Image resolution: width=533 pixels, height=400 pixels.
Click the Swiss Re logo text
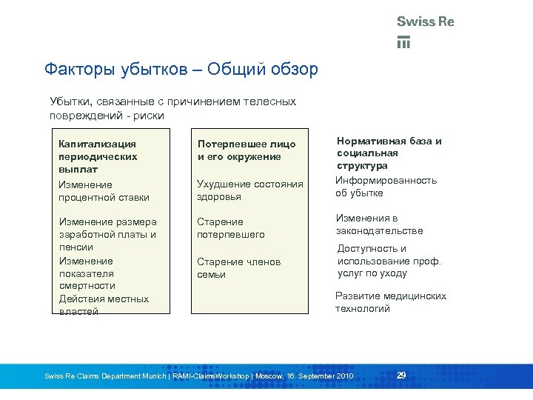425,21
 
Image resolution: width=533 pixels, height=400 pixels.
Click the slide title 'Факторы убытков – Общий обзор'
181,70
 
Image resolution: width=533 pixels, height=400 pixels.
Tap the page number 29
401,376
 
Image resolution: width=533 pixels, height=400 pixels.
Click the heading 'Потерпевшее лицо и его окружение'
246,150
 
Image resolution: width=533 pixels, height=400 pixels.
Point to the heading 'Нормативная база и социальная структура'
389,153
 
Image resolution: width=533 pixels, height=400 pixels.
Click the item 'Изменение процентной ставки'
104,191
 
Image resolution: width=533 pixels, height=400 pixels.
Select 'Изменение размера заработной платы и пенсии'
107,235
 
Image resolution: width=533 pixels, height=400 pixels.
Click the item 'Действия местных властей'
104,305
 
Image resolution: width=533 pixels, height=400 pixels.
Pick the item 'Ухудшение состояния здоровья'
249,190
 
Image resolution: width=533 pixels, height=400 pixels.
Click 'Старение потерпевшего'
230,228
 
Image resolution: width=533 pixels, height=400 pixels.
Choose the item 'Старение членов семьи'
238,268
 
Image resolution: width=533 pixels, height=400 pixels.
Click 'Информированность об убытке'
386,187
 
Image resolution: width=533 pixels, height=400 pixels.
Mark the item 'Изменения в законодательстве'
379,224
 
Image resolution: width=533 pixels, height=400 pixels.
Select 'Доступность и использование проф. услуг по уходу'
389,261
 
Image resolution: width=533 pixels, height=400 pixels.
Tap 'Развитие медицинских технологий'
390,302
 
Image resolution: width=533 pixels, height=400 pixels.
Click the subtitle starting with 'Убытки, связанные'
172,108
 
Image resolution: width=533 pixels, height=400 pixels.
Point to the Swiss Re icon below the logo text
403,41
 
